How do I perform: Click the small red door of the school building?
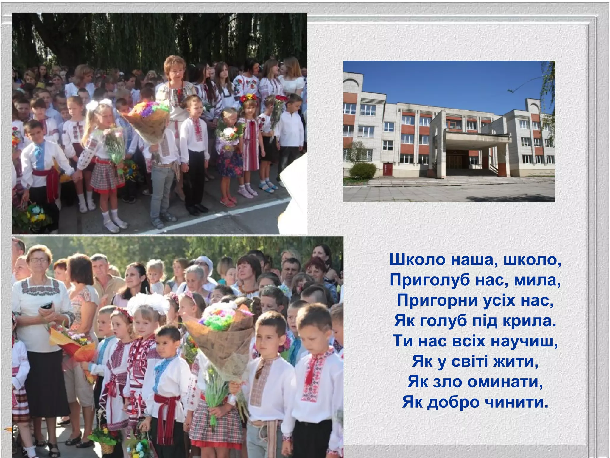pyautogui.click(x=388, y=170)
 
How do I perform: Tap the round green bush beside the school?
pyautogui.click(x=362, y=171)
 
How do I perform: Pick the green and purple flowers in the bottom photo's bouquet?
pyautogui.click(x=219, y=321)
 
